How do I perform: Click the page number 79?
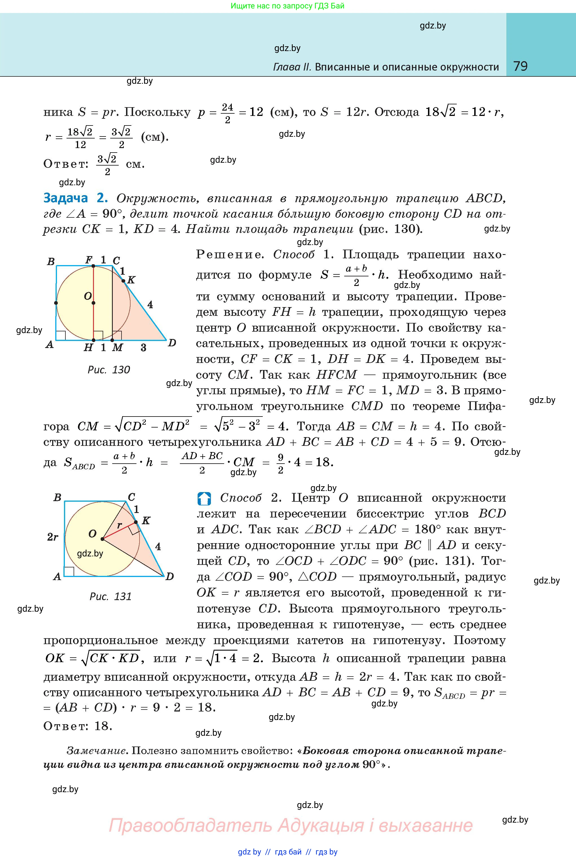click(520, 66)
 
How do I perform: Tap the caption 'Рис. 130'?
click(109, 370)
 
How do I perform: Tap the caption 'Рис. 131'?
click(111, 596)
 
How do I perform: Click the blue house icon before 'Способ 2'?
click(204, 498)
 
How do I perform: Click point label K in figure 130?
click(131, 280)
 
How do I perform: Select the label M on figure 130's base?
click(117, 347)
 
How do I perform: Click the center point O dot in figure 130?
click(93, 303)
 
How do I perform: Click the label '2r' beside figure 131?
click(52, 537)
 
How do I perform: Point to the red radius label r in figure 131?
click(119, 525)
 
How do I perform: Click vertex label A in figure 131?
click(57, 576)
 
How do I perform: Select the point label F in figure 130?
click(89, 260)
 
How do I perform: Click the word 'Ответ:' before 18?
click(65, 726)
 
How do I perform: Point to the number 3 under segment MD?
click(143, 347)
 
